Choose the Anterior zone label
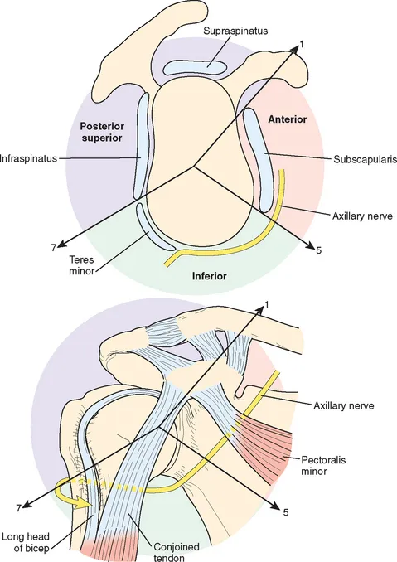(x=288, y=120)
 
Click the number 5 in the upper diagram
(x=318, y=249)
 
